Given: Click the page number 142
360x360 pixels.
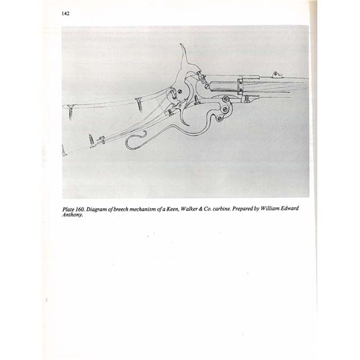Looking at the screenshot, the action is [65, 14].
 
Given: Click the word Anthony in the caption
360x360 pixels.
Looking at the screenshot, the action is [72, 215].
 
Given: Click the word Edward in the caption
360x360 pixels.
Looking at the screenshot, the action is [290, 208].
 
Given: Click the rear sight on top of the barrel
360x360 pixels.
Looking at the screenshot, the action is [275, 74].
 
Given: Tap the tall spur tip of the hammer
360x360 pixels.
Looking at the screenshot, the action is [181, 44].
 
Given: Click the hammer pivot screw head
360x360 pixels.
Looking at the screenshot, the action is [180, 92].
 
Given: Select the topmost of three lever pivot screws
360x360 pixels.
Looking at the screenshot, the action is [226, 99].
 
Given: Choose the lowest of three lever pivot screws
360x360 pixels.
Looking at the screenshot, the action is [220, 118].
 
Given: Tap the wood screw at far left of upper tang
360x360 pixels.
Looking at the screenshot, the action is [70, 112].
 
